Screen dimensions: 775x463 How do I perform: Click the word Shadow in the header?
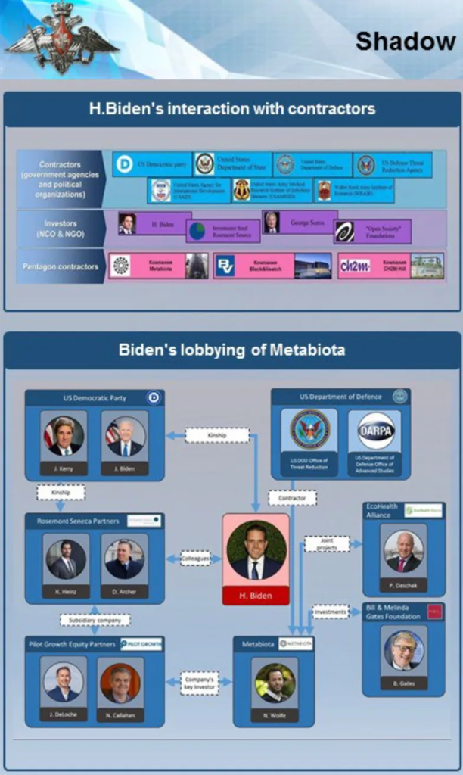pos(405,42)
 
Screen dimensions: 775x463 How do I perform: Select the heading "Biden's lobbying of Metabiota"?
pos(231,350)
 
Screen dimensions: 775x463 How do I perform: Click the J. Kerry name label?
pos(64,469)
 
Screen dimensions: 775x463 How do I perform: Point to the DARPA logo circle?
pos(376,431)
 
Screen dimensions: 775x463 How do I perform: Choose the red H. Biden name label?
pos(256,596)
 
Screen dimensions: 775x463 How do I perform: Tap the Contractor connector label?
pos(292,499)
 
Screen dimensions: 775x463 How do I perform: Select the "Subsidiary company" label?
pos(95,619)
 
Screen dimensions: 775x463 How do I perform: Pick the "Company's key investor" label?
pos(200,683)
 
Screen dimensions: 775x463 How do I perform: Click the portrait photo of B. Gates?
pos(404,651)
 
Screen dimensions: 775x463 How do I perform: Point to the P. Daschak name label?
pos(404,584)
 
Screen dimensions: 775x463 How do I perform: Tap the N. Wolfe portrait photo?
pos(274,683)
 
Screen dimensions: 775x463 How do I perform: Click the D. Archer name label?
pos(124,593)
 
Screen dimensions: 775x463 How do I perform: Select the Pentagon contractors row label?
pos(60,266)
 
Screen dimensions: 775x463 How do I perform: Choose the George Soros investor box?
pos(300,223)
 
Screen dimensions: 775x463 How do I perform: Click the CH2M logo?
pos(355,266)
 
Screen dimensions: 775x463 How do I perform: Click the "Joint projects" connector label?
pos(327,544)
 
